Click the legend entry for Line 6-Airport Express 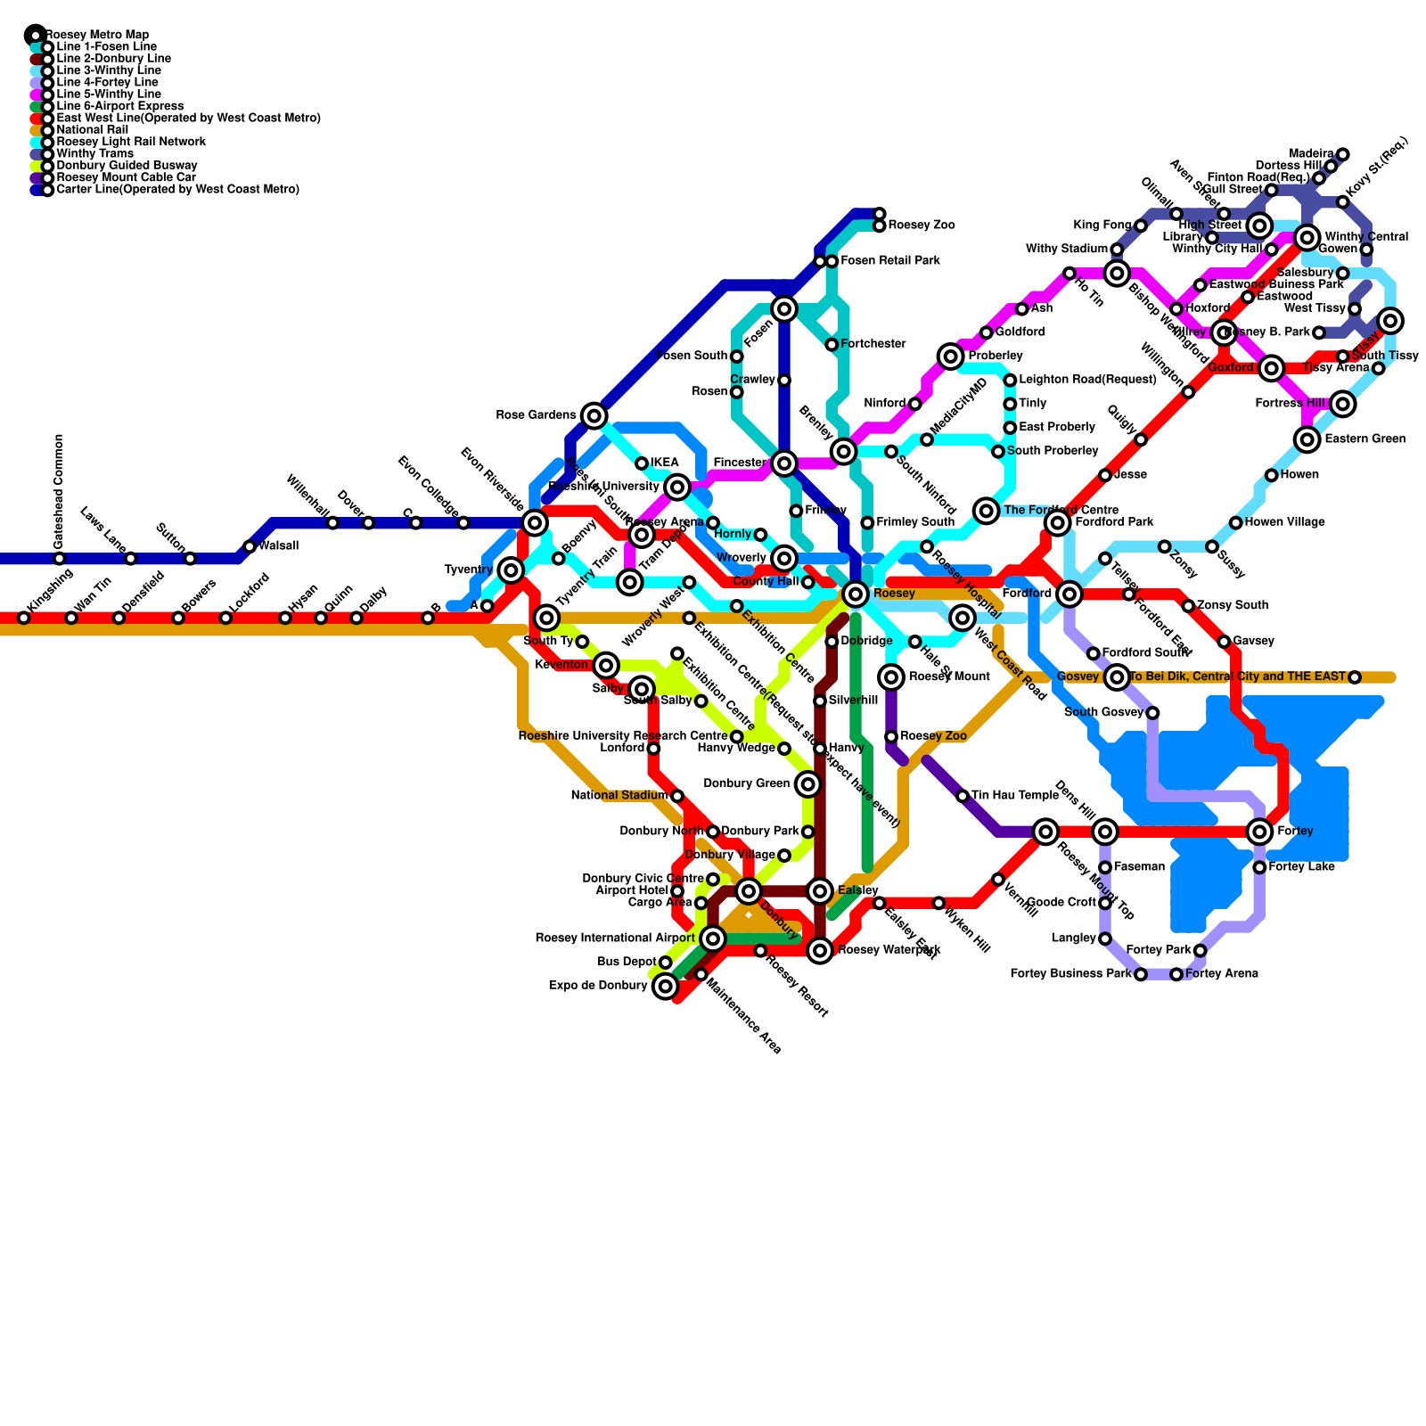point(119,106)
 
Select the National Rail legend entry point(92,130)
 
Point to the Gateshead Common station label point(59,491)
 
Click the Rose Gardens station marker point(594,415)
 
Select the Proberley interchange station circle point(951,356)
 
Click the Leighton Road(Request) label point(1087,380)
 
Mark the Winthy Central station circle point(1307,237)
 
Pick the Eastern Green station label point(1365,439)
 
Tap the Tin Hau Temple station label point(1014,796)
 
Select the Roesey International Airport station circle point(713,938)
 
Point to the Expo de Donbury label point(598,986)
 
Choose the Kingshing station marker point(24,618)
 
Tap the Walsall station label point(278,546)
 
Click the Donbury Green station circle point(807,784)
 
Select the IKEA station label point(665,463)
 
